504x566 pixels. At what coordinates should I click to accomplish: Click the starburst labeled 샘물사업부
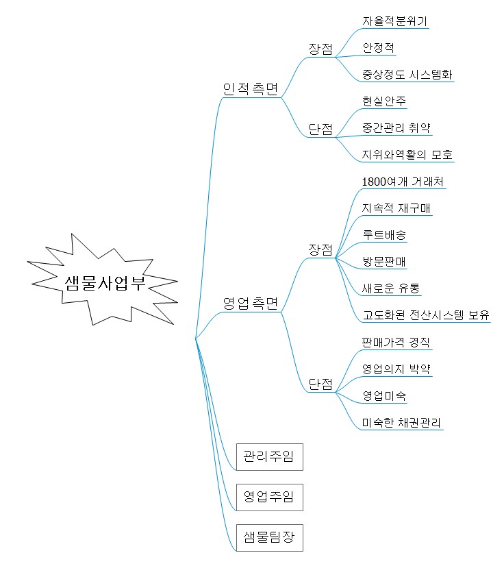click(x=105, y=282)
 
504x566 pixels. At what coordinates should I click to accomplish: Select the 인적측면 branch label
click(x=251, y=89)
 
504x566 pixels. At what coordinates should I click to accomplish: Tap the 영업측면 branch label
click(x=251, y=303)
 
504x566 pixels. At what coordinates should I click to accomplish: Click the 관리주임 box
click(x=270, y=456)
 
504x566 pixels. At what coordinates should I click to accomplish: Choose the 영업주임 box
click(x=270, y=497)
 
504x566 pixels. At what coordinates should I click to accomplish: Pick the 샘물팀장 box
click(x=270, y=537)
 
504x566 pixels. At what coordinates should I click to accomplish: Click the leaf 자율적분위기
click(x=394, y=21)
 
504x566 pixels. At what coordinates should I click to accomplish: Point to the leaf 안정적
click(x=378, y=48)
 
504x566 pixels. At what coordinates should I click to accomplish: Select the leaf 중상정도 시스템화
click(x=407, y=75)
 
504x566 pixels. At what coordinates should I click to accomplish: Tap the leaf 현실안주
click(x=384, y=101)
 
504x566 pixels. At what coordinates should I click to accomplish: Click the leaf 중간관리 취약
click(x=396, y=127)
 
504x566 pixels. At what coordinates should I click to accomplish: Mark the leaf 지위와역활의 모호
click(x=407, y=154)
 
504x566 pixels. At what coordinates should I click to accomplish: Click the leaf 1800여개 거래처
click(x=403, y=181)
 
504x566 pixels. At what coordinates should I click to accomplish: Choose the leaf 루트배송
click(x=384, y=234)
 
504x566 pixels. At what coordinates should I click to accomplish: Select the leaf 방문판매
click(x=384, y=261)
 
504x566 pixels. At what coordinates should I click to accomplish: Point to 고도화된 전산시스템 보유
click(x=426, y=315)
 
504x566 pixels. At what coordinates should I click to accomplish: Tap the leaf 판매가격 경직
click(x=396, y=342)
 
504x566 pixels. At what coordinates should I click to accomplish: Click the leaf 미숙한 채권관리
click(x=401, y=422)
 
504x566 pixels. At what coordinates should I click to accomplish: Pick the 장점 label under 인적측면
click(x=320, y=49)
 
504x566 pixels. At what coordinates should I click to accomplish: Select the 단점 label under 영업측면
click(x=320, y=384)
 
